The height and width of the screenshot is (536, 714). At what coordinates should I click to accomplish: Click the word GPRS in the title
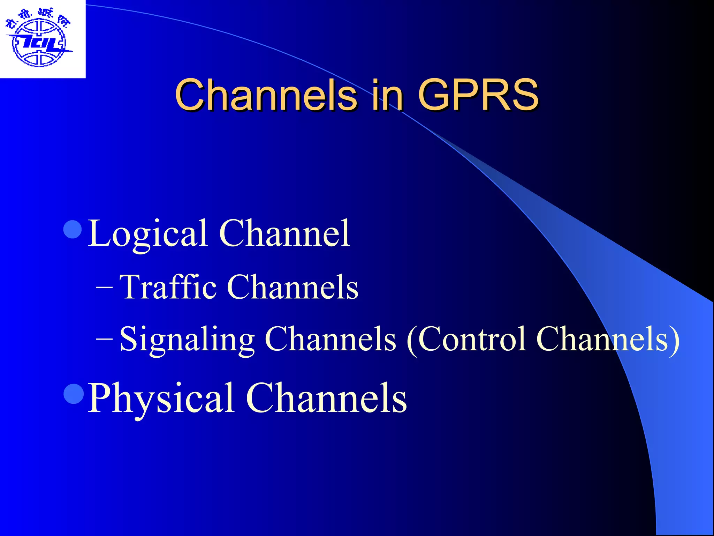coord(478,95)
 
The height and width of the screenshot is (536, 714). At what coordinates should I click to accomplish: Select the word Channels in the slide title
coord(266,95)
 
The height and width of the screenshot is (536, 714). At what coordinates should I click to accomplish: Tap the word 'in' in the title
coord(387,95)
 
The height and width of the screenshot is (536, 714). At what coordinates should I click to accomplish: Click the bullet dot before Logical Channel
coord(73,229)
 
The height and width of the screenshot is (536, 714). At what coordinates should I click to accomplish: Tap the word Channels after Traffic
coord(293,287)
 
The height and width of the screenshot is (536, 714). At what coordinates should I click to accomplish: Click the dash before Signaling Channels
coord(104,338)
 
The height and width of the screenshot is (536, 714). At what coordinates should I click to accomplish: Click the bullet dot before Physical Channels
coord(74,394)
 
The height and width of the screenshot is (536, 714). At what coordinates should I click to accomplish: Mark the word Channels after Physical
coord(326,398)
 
